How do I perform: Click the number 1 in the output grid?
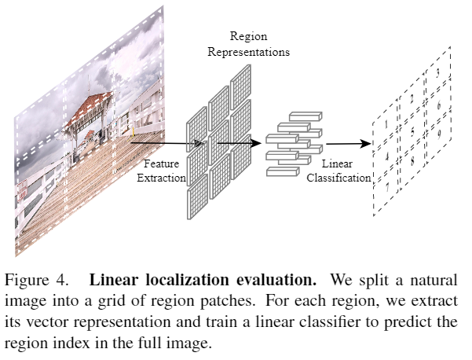click(386, 124)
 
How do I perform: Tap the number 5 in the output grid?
click(412, 132)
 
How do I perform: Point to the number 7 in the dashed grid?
click(386, 189)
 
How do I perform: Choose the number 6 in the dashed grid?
click(438, 105)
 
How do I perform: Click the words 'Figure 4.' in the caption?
click(32, 279)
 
